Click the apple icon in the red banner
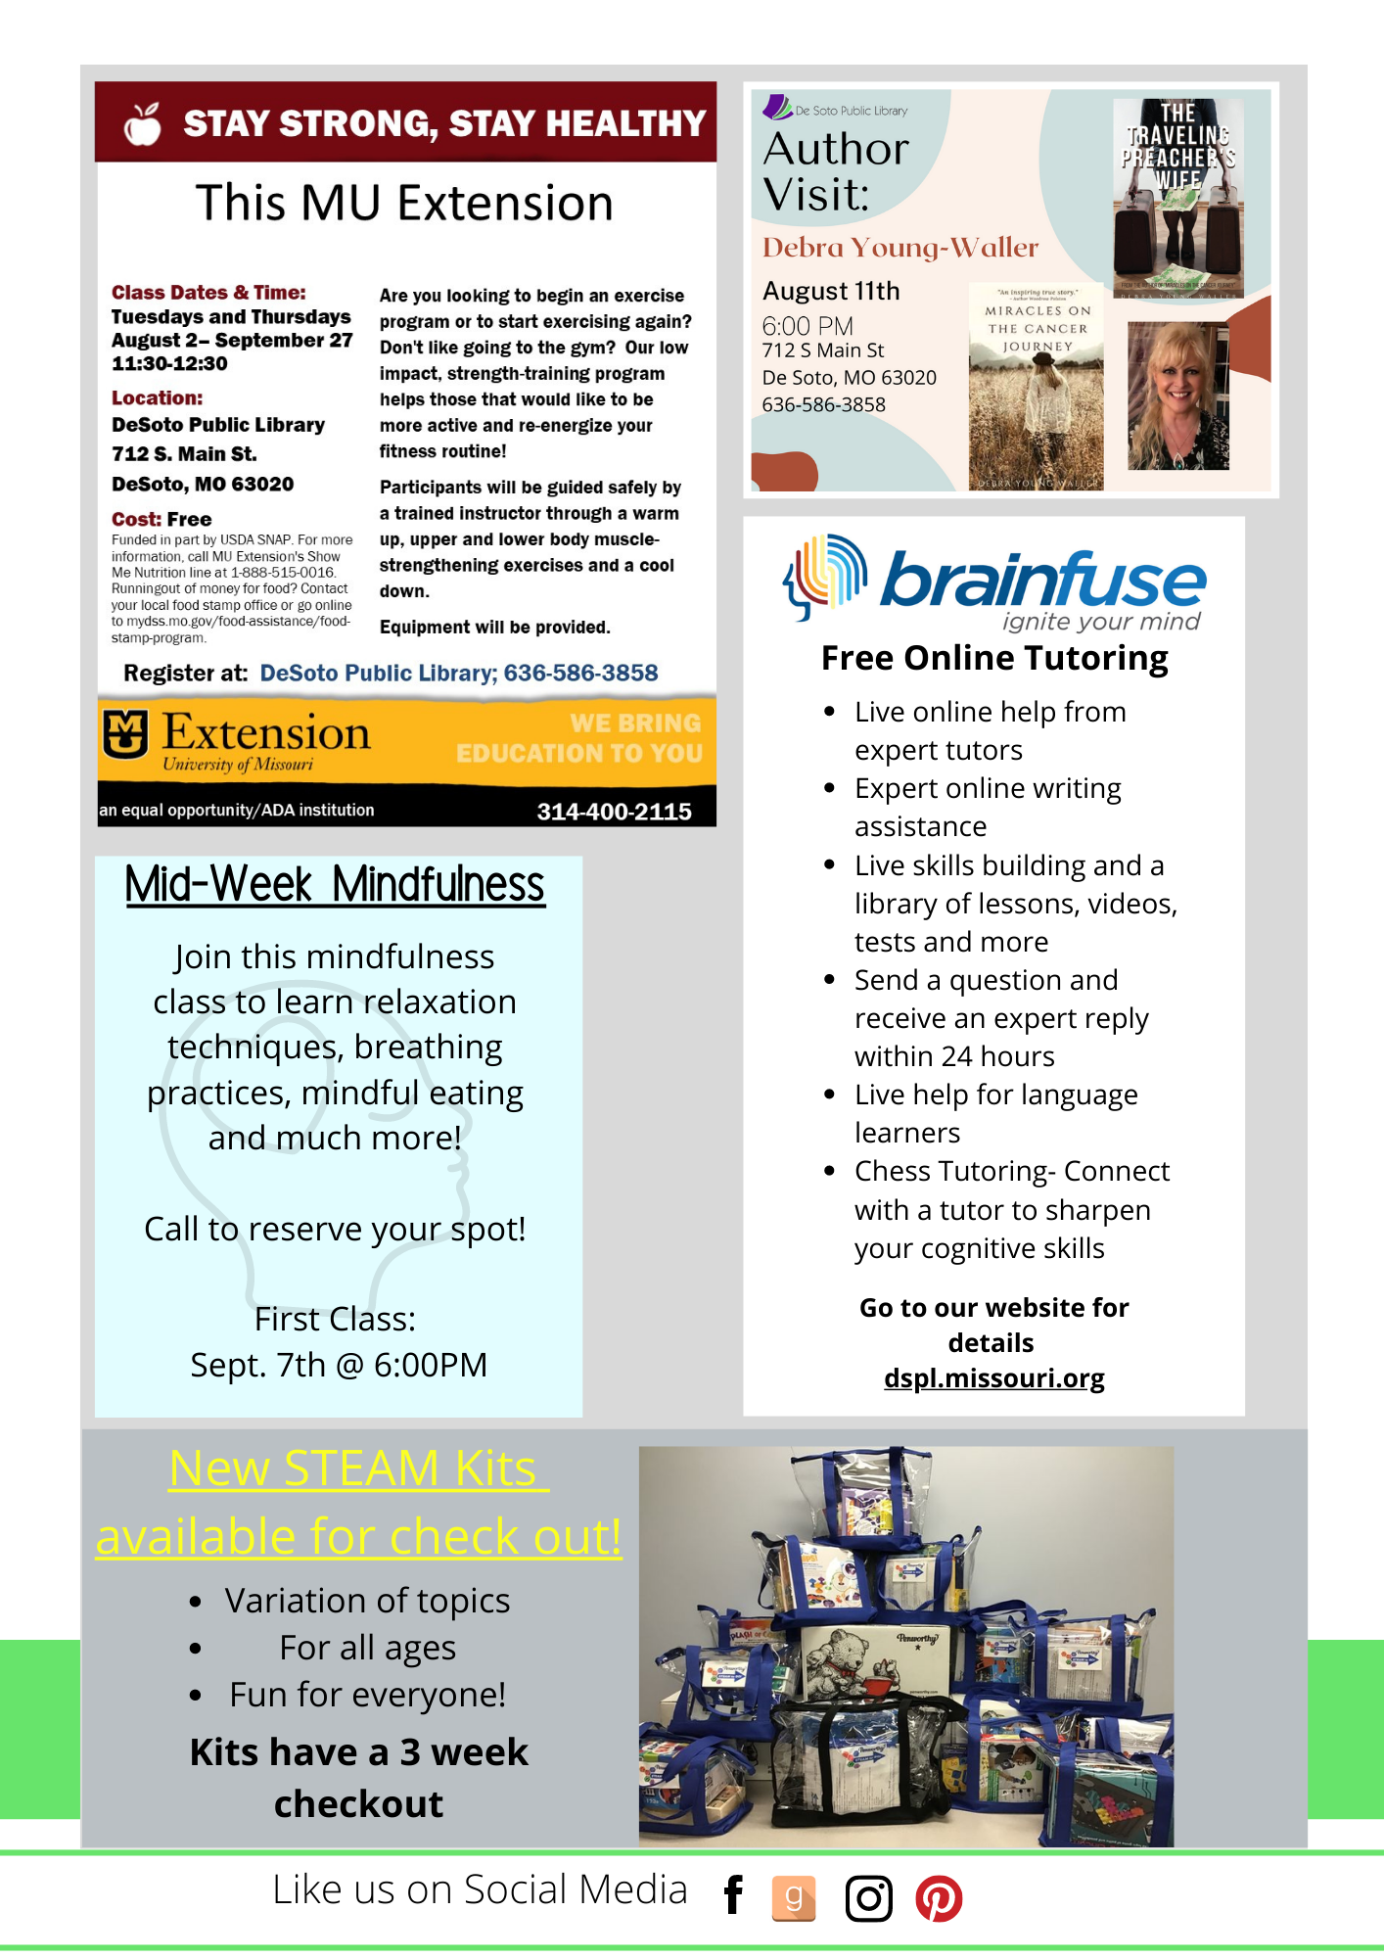point(143,124)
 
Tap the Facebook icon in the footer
point(733,1895)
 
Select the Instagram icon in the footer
point(868,1898)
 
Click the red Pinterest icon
point(939,1898)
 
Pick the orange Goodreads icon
point(794,1898)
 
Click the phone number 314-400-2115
point(614,812)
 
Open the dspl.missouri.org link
point(993,1378)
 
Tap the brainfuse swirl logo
point(825,576)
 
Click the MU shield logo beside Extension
point(125,734)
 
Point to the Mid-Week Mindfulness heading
point(335,885)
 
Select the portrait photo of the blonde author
point(1177,396)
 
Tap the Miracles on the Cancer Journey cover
point(1036,388)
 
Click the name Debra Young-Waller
point(900,248)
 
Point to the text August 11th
point(831,291)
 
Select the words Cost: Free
point(161,519)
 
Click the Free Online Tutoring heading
point(994,659)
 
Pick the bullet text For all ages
point(367,1648)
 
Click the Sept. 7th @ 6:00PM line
point(339,1365)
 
